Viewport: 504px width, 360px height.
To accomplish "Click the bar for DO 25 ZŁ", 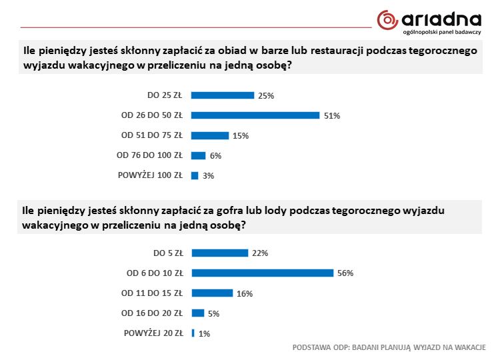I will coord(223,95).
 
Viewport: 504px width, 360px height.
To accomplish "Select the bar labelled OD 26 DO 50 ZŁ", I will coord(255,115).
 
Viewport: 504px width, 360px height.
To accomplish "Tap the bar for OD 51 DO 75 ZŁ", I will coord(210,135).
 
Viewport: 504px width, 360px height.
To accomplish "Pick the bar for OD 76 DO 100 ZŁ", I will coord(198,155).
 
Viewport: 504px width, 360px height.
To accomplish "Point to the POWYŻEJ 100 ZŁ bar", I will coord(195,176).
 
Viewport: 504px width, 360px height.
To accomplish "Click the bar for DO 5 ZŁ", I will coord(219,253).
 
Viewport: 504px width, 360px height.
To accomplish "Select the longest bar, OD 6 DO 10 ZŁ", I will coord(262,273).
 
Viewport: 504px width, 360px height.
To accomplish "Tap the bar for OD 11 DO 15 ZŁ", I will coord(212,293).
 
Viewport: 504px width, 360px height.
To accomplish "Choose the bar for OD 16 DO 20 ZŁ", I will coord(197,313).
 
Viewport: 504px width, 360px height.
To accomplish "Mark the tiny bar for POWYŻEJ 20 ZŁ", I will coord(193,333).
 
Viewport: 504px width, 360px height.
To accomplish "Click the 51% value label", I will coord(332,116).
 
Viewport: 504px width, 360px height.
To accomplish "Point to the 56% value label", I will coord(345,273).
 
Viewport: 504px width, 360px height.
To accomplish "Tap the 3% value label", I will coord(208,176).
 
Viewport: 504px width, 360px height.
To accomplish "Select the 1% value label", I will coord(204,333).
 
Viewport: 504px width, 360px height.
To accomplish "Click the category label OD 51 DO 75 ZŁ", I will coord(151,135).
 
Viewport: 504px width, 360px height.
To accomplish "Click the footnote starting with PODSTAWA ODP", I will coord(389,347).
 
